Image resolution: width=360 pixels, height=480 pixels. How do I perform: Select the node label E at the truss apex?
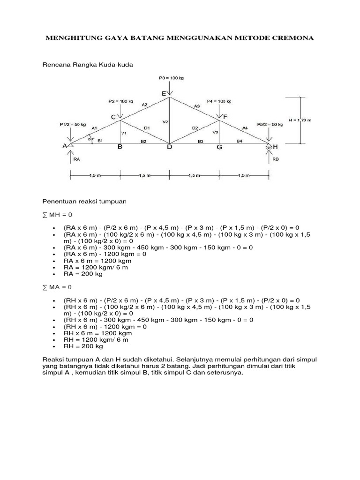coord(164,94)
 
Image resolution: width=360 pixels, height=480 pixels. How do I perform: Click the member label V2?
coord(165,122)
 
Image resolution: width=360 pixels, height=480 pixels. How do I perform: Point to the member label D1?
coord(147,127)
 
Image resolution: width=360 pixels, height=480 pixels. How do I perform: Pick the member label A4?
coord(244,128)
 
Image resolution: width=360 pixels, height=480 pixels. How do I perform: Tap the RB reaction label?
coord(276,159)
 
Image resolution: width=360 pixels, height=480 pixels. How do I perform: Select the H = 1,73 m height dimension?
coord(300,120)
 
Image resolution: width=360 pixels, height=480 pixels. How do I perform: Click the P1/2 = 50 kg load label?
coord(73,124)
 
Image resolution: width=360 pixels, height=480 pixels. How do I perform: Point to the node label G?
coord(219,147)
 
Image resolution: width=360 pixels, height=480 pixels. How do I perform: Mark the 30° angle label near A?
coord(90,138)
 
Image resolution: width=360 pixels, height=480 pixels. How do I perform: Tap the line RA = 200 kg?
coord(83,274)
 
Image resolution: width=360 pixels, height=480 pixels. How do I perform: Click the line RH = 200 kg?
coord(83,347)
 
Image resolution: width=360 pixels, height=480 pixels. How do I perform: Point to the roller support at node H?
coord(269,147)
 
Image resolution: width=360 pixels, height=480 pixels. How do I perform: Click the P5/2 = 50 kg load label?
coord(270,125)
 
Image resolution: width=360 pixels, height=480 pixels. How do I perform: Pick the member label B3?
coord(200,141)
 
